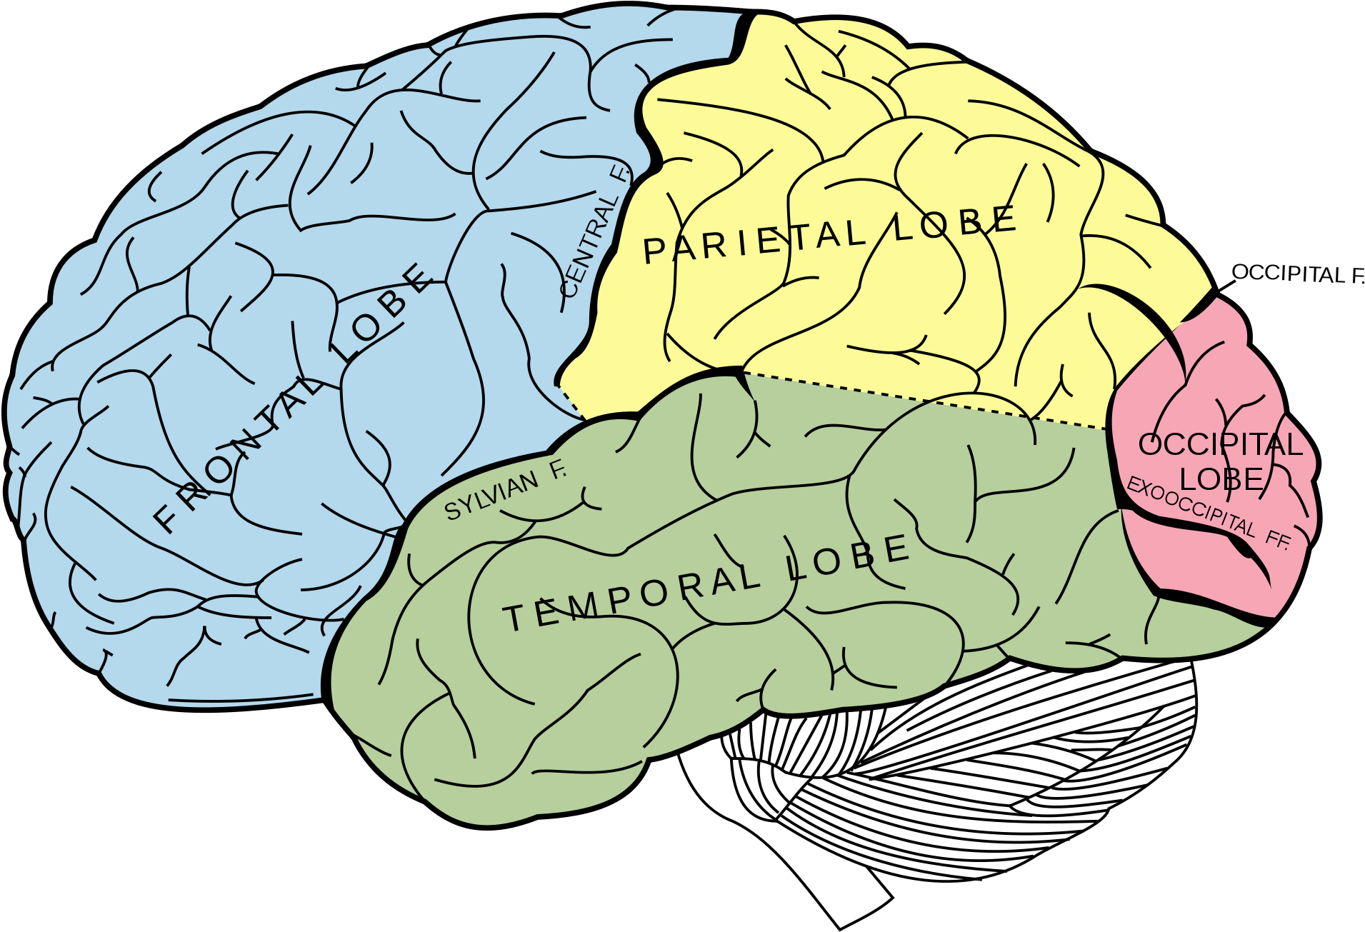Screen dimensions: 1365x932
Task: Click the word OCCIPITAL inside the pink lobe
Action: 1220,445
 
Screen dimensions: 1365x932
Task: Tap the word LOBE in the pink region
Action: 1221,479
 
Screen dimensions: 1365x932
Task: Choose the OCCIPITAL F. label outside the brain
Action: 1298,274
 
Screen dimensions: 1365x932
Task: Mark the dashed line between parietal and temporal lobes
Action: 924,401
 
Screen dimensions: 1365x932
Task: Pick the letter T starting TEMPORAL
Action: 514,618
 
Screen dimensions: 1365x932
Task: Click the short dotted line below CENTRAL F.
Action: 570,403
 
